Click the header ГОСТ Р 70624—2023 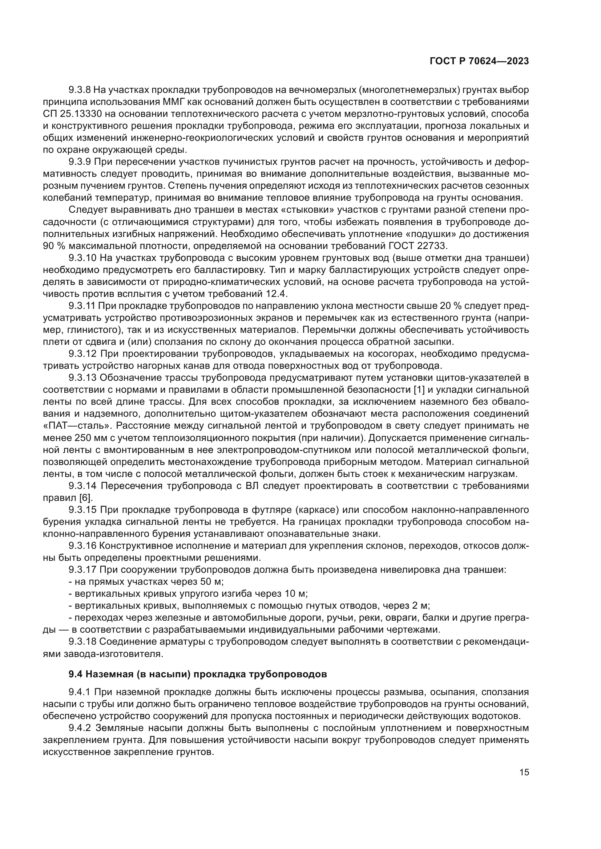click(x=479, y=61)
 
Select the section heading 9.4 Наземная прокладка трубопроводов click(x=198, y=674)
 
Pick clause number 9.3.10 click(x=82, y=258)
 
